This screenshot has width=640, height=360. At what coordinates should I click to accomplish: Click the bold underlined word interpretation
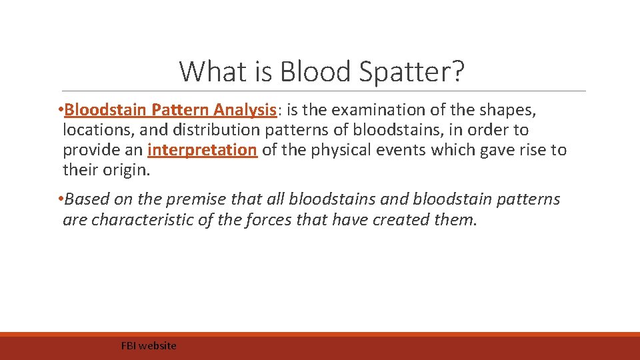202,150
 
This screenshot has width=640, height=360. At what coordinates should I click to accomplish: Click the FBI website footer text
149,345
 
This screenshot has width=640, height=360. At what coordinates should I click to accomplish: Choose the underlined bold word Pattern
180,109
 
